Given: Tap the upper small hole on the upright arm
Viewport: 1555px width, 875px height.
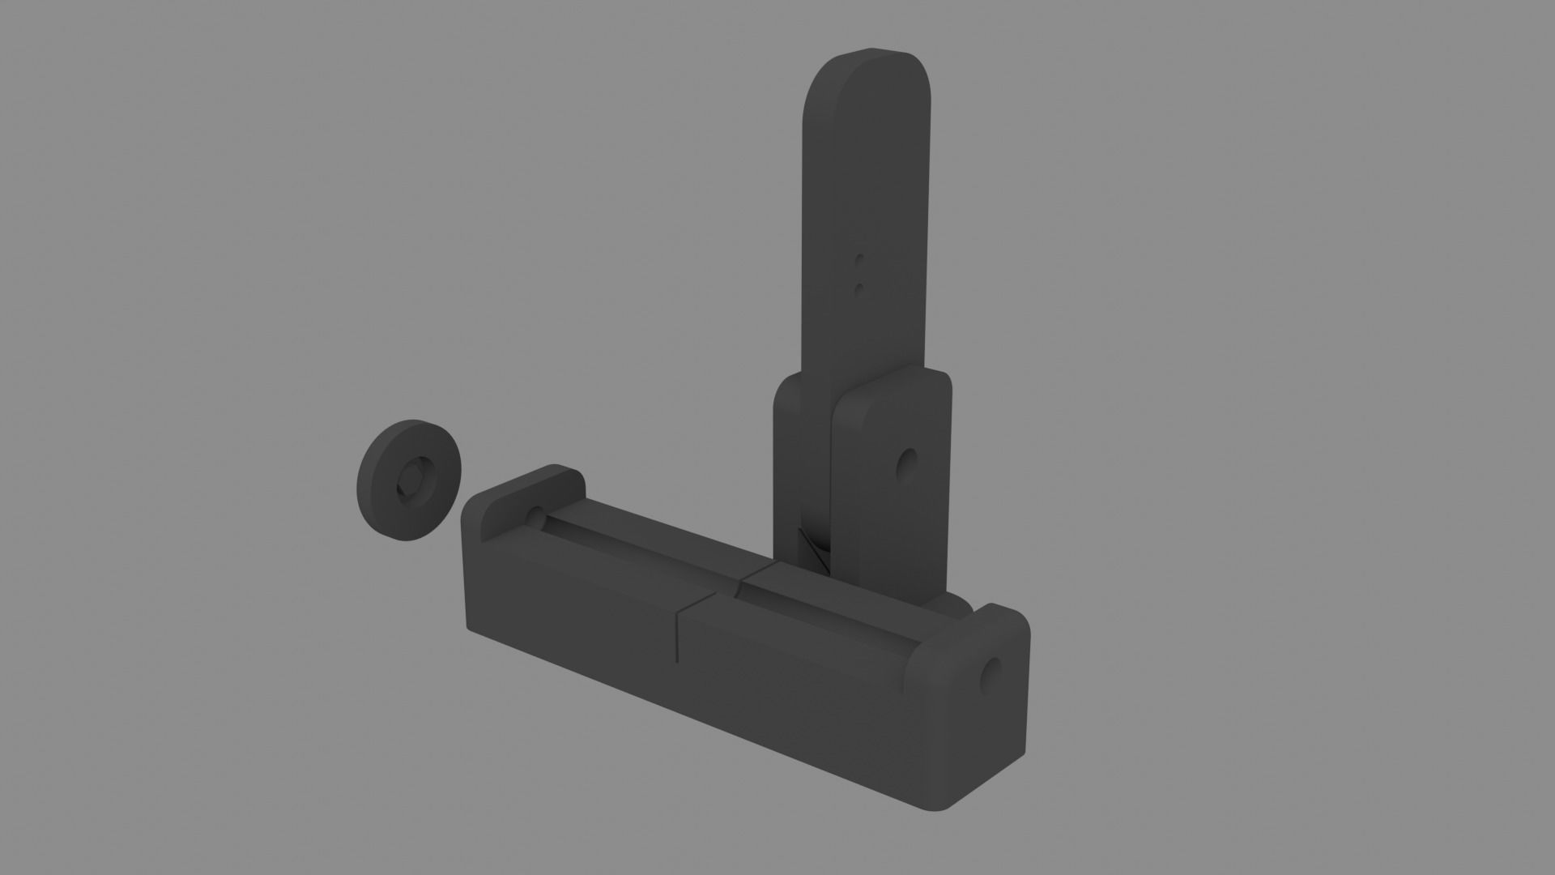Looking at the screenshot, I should pos(860,261).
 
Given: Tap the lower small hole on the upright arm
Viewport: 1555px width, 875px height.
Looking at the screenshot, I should pos(859,287).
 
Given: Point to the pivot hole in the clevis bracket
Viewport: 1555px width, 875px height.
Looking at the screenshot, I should pos(907,465).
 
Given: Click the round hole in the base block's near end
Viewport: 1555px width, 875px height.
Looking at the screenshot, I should pos(991,676).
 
